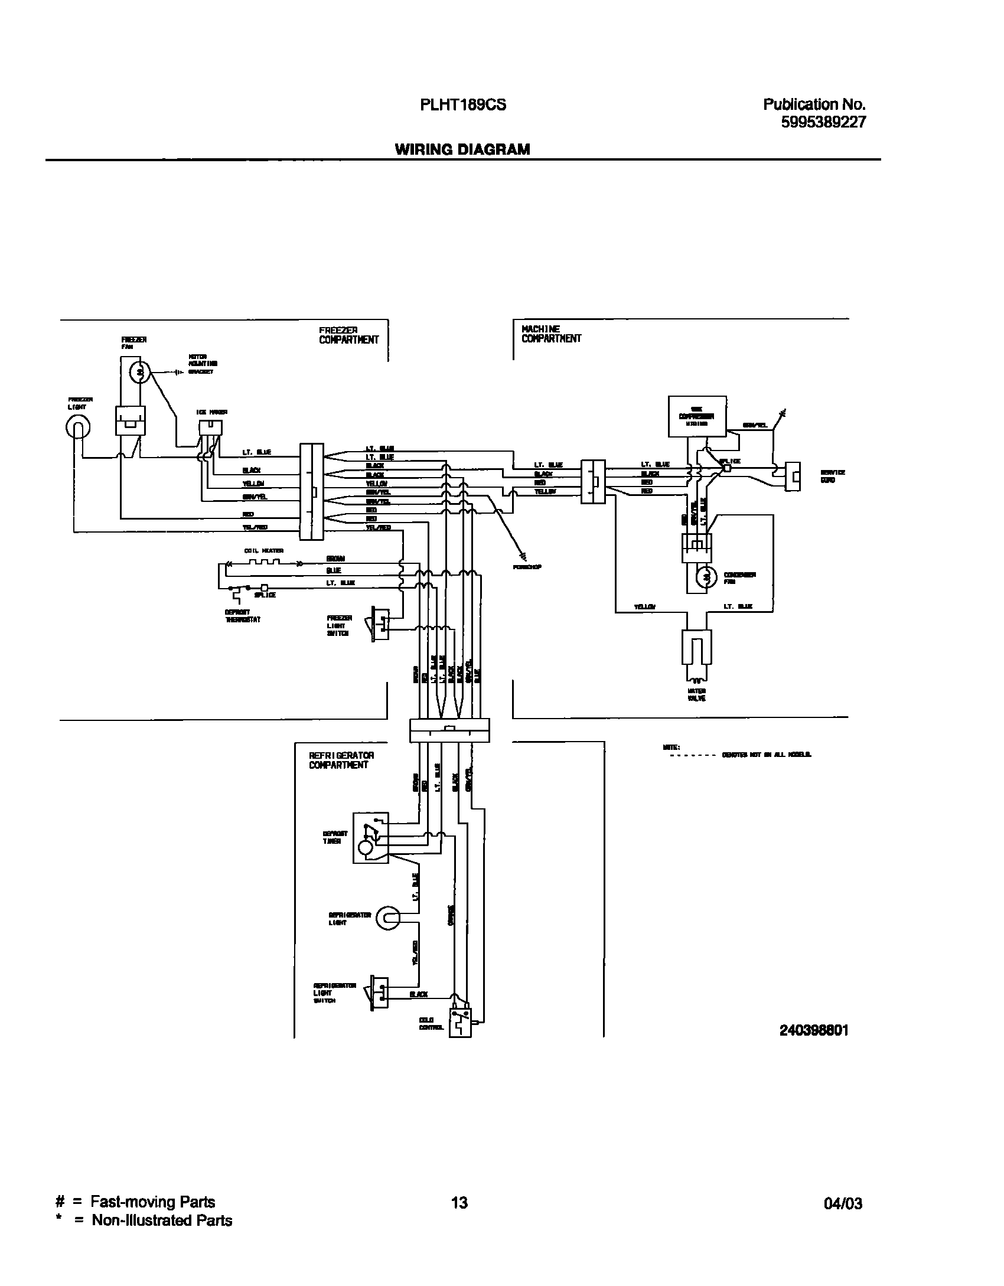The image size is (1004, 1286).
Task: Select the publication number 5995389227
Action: (x=823, y=122)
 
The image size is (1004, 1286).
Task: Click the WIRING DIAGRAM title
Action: (x=462, y=149)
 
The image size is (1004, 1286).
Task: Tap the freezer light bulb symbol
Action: (x=78, y=427)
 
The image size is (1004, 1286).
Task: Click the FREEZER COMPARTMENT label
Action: (x=348, y=335)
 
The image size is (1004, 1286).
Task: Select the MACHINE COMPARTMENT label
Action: (x=550, y=334)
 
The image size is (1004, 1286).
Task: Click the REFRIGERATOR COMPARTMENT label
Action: (x=341, y=760)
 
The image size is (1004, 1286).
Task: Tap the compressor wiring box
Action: (x=697, y=416)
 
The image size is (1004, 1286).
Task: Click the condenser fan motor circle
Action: (x=705, y=578)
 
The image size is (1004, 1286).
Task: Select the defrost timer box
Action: (x=370, y=837)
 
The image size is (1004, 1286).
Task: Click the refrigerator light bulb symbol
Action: (x=387, y=918)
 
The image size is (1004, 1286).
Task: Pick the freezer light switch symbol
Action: (x=379, y=624)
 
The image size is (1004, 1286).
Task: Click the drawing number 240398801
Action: (x=813, y=1030)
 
